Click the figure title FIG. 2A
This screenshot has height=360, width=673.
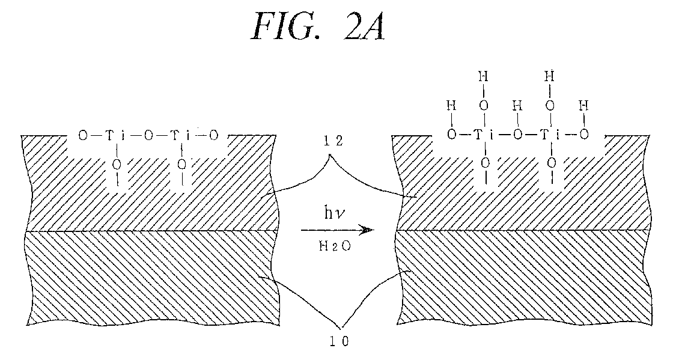click(317, 27)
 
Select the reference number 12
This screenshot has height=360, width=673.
click(333, 141)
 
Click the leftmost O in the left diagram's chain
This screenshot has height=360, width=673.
click(84, 136)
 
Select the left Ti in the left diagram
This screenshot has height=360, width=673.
click(114, 136)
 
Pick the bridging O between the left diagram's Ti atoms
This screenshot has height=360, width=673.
click(148, 136)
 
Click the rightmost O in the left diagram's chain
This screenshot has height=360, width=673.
click(214, 136)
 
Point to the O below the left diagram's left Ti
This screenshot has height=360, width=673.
click(117, 163)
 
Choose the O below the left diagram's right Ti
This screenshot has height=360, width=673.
click(183, 163)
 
